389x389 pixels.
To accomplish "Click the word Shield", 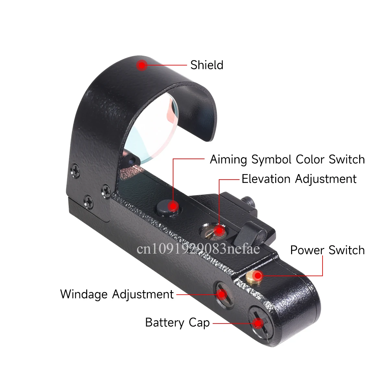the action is tap(207, 65).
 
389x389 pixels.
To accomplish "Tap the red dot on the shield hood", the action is tap(142, 65).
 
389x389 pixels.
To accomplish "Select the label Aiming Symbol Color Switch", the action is tap(287, 160).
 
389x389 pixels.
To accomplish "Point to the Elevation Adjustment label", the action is tap(299, 179).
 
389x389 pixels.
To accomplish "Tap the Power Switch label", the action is tap(327, 250).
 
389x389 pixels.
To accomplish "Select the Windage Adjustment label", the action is tap(117, 294).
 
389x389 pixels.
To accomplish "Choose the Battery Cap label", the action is tap(177, 323).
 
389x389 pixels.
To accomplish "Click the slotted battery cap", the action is tap(260, 323).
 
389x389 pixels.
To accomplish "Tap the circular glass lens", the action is tap(153, 129).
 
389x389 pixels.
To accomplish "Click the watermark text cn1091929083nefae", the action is tap(198, 249).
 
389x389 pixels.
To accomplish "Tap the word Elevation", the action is tap(266, 179).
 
